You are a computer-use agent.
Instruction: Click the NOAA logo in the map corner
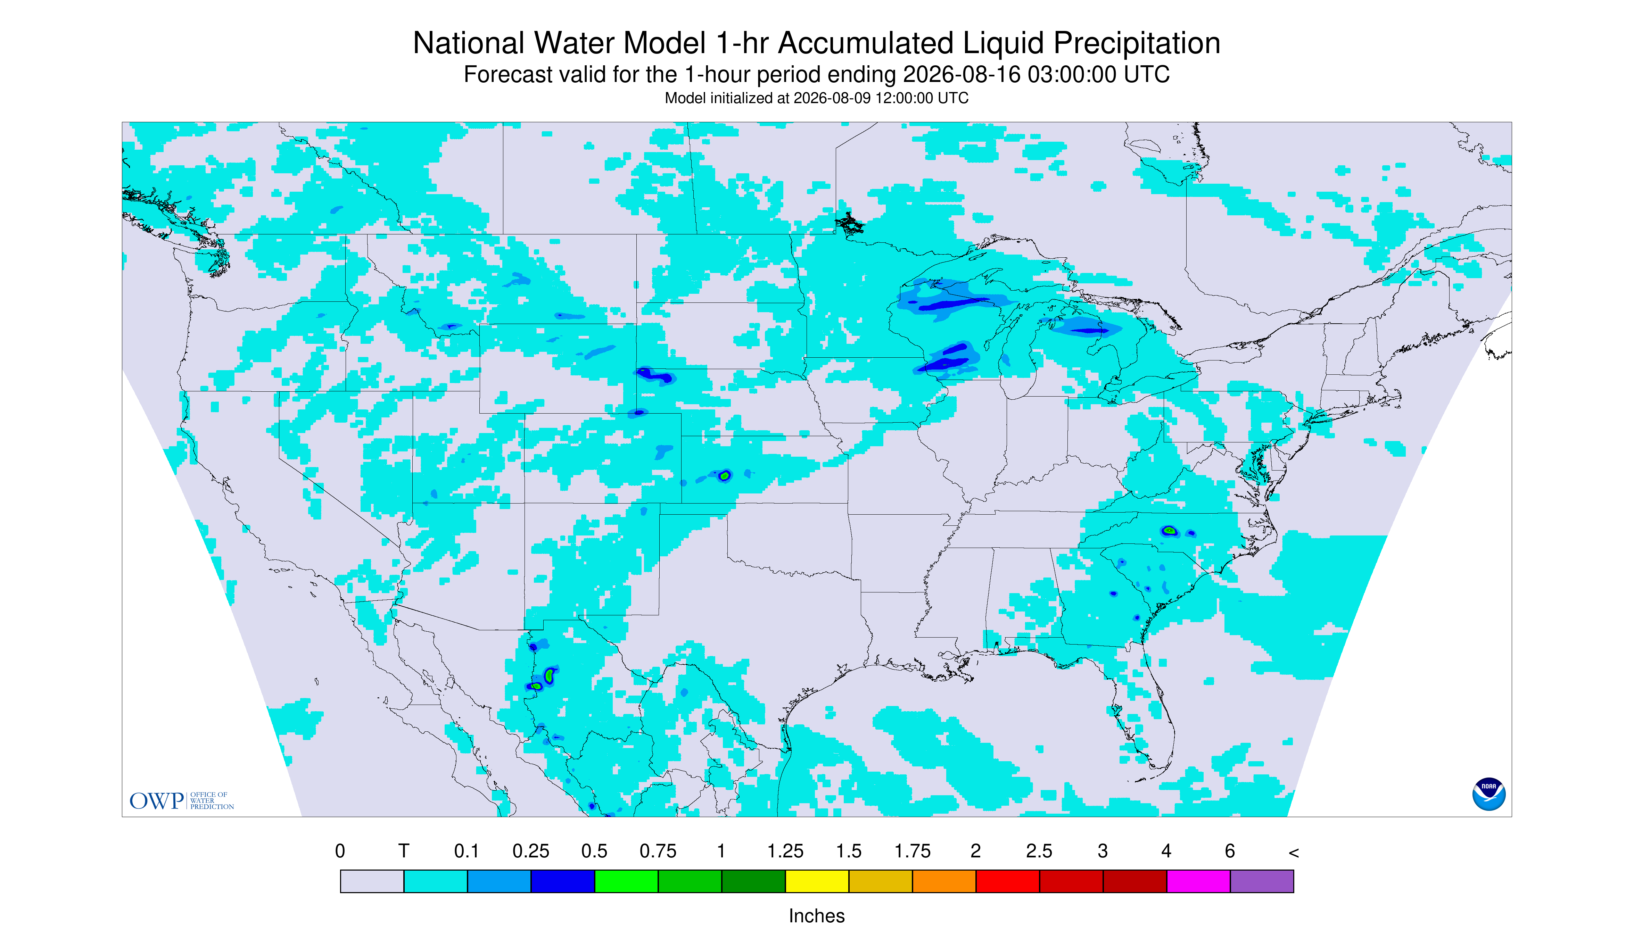tap(1488, 794)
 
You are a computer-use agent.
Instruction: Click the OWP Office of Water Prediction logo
tap(181, 800)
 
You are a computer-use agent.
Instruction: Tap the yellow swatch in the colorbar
tap(817, 881)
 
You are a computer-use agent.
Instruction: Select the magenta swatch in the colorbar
tap(1198, 881)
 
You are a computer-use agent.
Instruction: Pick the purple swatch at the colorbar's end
tap(1262, 881)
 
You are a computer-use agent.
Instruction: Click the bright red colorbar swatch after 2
tap(1008, 881)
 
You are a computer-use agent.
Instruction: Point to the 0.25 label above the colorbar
tap(530, 851)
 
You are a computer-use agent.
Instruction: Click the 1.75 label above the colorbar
tap(912, 851)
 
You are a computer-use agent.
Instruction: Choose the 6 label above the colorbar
tap(1230, 851)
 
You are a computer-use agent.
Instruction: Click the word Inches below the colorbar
tap(817, 916)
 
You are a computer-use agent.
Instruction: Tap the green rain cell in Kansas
tap(725, 475)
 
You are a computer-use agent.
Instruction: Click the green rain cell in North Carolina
tap(1169, 531)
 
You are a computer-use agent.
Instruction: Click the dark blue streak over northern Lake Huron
tap(1089, 331)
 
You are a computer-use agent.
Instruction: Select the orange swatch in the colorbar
tap(944, 881)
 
